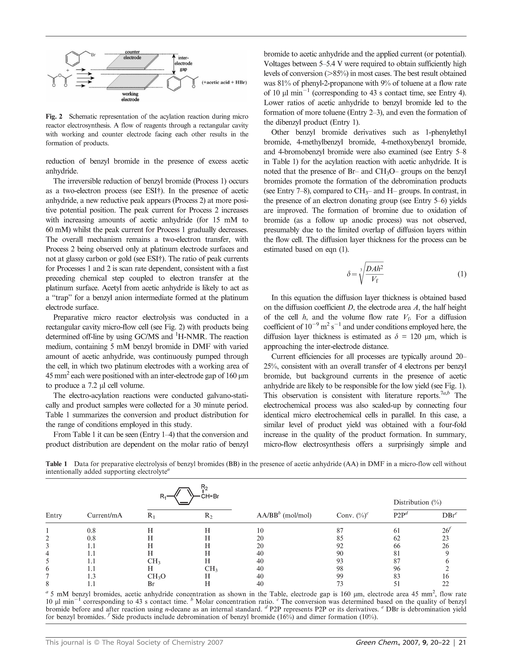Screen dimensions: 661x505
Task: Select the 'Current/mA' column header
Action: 105,516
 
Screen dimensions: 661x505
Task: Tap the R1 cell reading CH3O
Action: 155,576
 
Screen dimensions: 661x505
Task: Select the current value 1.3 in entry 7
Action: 91,576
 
